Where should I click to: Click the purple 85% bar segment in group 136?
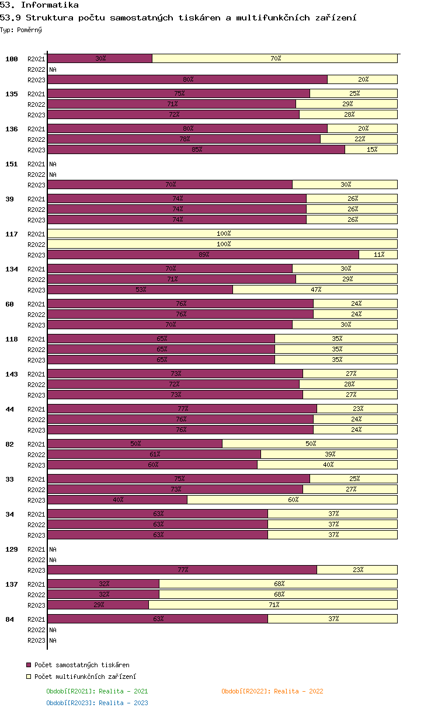[x=196, y=149]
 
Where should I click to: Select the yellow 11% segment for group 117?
[x=378, y=255]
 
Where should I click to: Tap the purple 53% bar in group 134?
[x=140, y=290]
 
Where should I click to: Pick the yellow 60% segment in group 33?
[x=293, y=500]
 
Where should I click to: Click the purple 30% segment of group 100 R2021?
[x=100, y=58]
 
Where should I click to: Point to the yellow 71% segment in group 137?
[x=273, y=605]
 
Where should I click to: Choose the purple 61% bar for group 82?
[x=154, y=454]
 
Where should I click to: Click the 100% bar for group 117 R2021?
[x=223, y=233]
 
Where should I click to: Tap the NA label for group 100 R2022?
[x=53, y=69]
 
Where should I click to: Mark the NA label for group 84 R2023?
[x=53, y=640]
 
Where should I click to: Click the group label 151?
[x=12, y=164]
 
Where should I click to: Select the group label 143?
[x=12, y=374]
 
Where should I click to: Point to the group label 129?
[x=12, y=549]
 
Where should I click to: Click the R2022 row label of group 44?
[x=36, y=420]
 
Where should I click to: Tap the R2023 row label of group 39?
[x=36, y=220]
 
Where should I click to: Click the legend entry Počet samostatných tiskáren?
[x=78, y=665]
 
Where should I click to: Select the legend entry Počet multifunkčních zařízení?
[x=81, y=677]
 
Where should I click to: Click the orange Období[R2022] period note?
[x=272, y=691]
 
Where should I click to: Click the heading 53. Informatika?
[x=39, y=5]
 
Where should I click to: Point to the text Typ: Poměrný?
[x=21, y=30]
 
